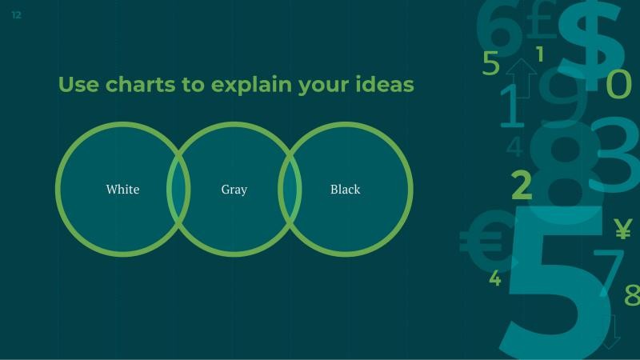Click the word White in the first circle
(122, 190)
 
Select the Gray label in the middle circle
(234, 190)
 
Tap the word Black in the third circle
(345, 190)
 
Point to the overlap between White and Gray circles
(178, 190)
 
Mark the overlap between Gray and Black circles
(290, 190)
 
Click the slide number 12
(17, 15)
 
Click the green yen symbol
(622, 230)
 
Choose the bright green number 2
(521, 185)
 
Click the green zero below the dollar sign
(618, 84)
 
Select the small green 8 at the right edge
(631, 294)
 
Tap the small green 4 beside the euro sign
(495, 278)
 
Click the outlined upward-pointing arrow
(522, 77)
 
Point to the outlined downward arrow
(612, 330)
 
